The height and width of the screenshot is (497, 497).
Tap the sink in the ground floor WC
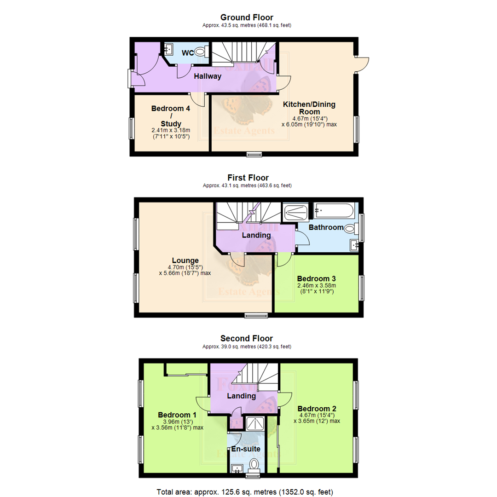(168, 48)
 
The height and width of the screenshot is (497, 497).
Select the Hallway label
(207, 76)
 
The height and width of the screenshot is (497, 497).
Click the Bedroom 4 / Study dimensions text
(171, 133)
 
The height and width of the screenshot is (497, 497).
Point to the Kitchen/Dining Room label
(309, 108)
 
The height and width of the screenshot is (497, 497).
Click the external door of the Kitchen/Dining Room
(362, 64)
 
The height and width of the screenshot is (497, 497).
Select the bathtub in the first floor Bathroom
(334, 212)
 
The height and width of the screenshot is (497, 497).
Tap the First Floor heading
(248, 178)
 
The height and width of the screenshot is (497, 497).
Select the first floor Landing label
(256, 235)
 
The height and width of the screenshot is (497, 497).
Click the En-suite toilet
(253, 464)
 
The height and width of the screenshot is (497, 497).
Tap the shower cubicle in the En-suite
(253, 424)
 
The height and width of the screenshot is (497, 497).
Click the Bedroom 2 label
(317, 408)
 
